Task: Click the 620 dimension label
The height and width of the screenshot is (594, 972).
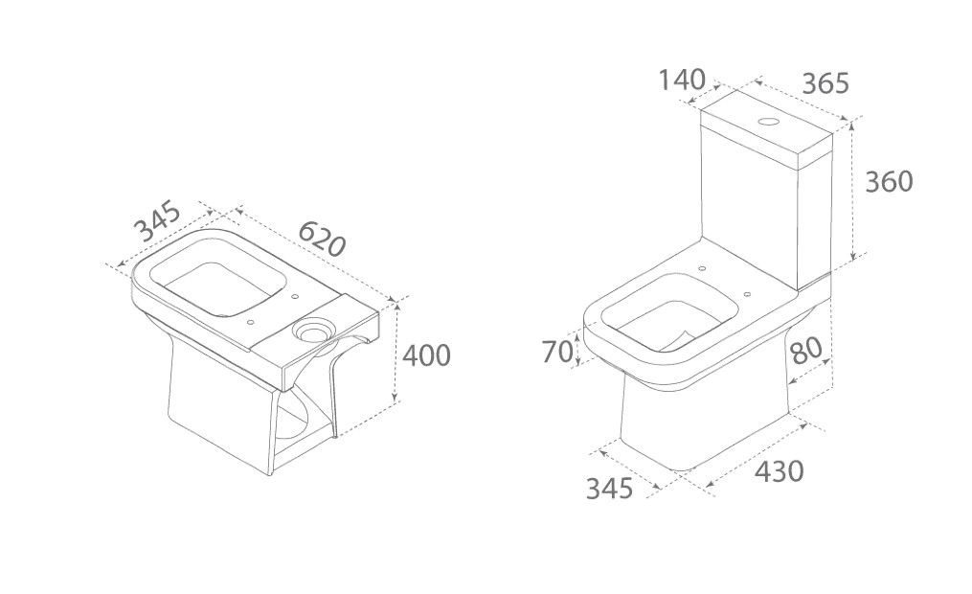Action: point(321,239)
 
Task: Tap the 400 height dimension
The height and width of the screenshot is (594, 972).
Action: point(425,355)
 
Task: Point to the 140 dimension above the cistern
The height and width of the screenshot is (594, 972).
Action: point(681,80)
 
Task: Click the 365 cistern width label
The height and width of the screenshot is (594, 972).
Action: point(825,83)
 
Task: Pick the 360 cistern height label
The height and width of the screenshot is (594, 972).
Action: point(889,181)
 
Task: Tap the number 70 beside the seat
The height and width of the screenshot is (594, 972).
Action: point(557,352)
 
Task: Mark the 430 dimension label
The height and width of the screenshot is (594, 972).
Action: point(779,470)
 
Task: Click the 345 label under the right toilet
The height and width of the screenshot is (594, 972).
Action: point(610,488)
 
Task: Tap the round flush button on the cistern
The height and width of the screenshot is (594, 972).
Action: point(768,123)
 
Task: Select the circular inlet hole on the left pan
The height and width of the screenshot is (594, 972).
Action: point(312,331)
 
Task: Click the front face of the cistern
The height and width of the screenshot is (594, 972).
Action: point(750,201)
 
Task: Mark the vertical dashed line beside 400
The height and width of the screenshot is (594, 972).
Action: point(396,354)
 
